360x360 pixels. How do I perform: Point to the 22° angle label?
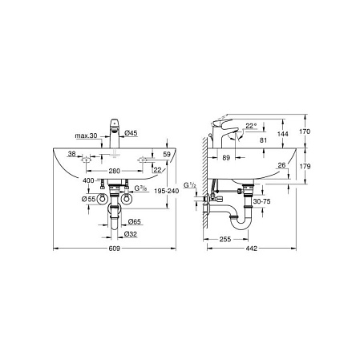point(253,126)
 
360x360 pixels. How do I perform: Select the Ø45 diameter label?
point(132,134)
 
